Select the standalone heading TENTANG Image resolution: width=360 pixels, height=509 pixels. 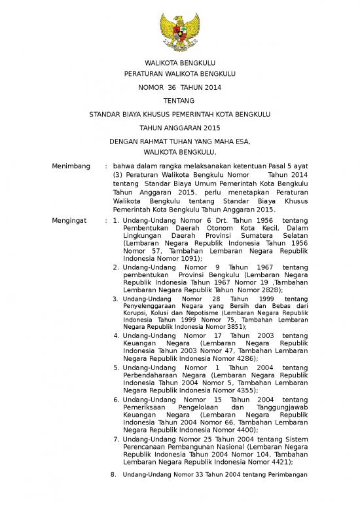tap(179, 100)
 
